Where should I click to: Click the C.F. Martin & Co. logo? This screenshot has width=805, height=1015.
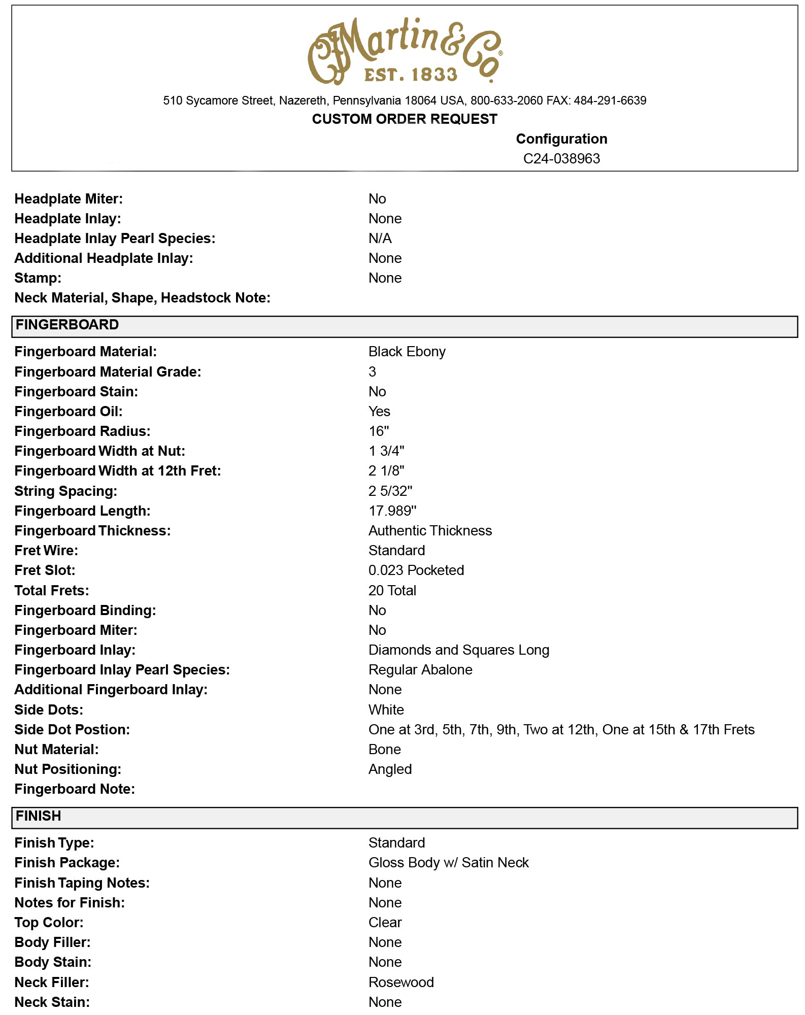pos(405,51)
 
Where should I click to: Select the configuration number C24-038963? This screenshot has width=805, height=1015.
pos(561,159)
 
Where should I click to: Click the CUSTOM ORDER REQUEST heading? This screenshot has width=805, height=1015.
pos(405,119)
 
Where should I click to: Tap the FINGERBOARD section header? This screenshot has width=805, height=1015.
pos(67,325)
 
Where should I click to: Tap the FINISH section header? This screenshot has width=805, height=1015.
pos(39,816)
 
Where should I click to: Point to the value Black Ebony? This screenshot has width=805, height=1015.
pos(407,352)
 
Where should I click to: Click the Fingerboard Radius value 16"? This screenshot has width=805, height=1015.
pos(379,431)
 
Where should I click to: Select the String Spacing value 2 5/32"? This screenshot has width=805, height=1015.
pos(390,491)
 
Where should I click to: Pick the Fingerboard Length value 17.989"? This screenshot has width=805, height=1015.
pos(392,511)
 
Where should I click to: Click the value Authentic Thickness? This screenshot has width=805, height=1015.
pos(430,531)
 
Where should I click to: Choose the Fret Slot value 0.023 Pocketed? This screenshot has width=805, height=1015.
pos(416,570)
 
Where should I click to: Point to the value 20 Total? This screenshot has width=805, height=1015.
pos(392,591)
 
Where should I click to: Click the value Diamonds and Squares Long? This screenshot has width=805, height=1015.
pos(458,650)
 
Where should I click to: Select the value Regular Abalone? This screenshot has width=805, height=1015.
pos(420,670)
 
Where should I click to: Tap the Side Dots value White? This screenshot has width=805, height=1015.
pos(386,710)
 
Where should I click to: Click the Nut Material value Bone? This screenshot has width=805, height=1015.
pos(384,750)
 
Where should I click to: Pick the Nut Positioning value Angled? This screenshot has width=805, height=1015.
pos(390,769)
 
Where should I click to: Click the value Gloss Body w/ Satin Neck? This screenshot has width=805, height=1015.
pos(448,863)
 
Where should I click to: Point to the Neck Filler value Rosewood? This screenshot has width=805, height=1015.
pos(401,983)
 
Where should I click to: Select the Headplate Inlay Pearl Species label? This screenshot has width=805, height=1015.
pos(115,239)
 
